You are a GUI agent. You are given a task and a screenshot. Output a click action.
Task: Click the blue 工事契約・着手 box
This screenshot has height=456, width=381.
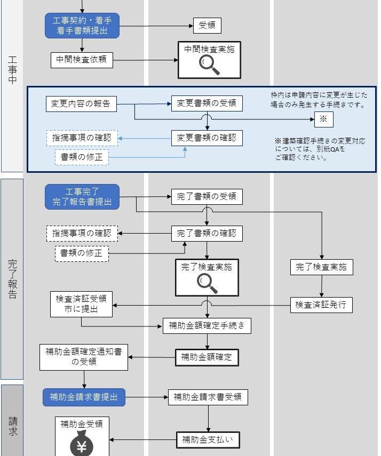coord(82,26)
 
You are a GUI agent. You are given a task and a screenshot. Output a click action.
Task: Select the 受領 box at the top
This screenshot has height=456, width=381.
coord(207,25)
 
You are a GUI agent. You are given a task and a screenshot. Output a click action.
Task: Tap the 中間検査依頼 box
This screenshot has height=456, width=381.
coord(82,60)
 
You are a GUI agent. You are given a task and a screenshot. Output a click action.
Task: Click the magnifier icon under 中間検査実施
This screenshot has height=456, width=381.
coord(209,65)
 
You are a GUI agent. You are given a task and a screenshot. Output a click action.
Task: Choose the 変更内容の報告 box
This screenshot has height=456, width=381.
coord(81,104)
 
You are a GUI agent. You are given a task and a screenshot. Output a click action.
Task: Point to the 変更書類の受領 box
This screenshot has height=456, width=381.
coord(206,103)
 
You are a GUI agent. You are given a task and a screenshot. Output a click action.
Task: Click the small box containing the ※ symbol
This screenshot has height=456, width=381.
coord(323,119)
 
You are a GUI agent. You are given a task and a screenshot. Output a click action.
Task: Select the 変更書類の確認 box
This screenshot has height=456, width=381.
coord(206,138)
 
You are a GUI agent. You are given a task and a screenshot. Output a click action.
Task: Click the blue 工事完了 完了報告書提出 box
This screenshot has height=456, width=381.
coord(82,197)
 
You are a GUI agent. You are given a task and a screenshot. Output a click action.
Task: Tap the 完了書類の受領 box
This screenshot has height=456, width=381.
coord(206,197)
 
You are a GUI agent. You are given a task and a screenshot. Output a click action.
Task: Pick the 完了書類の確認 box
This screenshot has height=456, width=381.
coord(206,233)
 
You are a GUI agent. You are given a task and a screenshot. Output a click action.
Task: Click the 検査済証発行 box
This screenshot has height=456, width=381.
coord(321,305)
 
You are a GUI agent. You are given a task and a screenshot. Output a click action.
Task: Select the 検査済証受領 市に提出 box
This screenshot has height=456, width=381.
coord(82,303)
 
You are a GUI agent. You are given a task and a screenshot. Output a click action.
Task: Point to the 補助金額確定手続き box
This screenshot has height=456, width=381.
coord(207,325)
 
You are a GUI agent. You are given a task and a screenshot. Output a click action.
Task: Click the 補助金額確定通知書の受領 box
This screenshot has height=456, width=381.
coord(84,357)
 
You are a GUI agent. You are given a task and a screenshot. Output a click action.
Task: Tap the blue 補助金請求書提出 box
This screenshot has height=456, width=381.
coord(84,397)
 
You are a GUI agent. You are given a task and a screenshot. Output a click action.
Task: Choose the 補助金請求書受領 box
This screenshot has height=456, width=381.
coord(208,397)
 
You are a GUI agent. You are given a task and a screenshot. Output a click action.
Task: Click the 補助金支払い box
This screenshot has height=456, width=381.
coord(208,440)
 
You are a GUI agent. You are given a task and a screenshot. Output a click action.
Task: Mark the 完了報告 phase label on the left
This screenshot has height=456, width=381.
coord(12,279)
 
